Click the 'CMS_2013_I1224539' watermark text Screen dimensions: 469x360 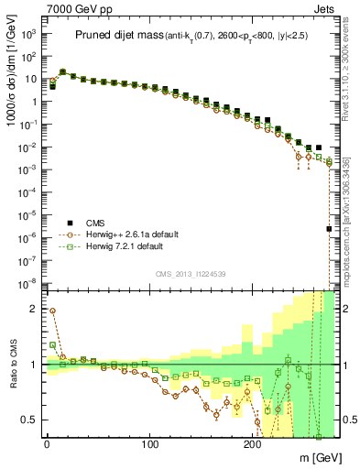pyautogui.click(x=191, y=273)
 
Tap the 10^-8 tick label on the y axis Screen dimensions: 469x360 pyautogui.click(x=27, y=282)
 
